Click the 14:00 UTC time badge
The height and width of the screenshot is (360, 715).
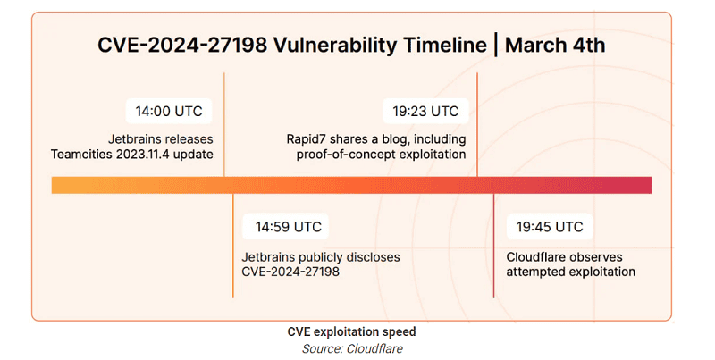[169, 111]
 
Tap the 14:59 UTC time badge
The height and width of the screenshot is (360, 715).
[285, 227]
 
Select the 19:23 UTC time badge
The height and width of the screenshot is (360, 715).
[425, 111]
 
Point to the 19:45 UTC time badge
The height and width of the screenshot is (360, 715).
[550, 227]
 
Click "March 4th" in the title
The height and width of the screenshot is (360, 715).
[555, 46]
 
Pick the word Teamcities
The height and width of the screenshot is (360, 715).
[81, 154]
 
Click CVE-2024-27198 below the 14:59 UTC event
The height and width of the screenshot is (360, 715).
[290, 272]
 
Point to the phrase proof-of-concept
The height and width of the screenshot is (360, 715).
[345, 155]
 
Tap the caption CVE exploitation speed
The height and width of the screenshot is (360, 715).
[351, 331]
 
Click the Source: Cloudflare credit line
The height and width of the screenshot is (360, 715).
[352, 349]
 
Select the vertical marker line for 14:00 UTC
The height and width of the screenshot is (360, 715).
[224, 124]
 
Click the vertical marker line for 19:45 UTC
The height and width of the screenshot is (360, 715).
[493, 246]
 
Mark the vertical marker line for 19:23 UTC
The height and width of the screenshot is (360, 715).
[477, 124]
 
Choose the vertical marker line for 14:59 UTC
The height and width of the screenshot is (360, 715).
[233, 246]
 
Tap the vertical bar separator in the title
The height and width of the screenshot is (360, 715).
[496, 46]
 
